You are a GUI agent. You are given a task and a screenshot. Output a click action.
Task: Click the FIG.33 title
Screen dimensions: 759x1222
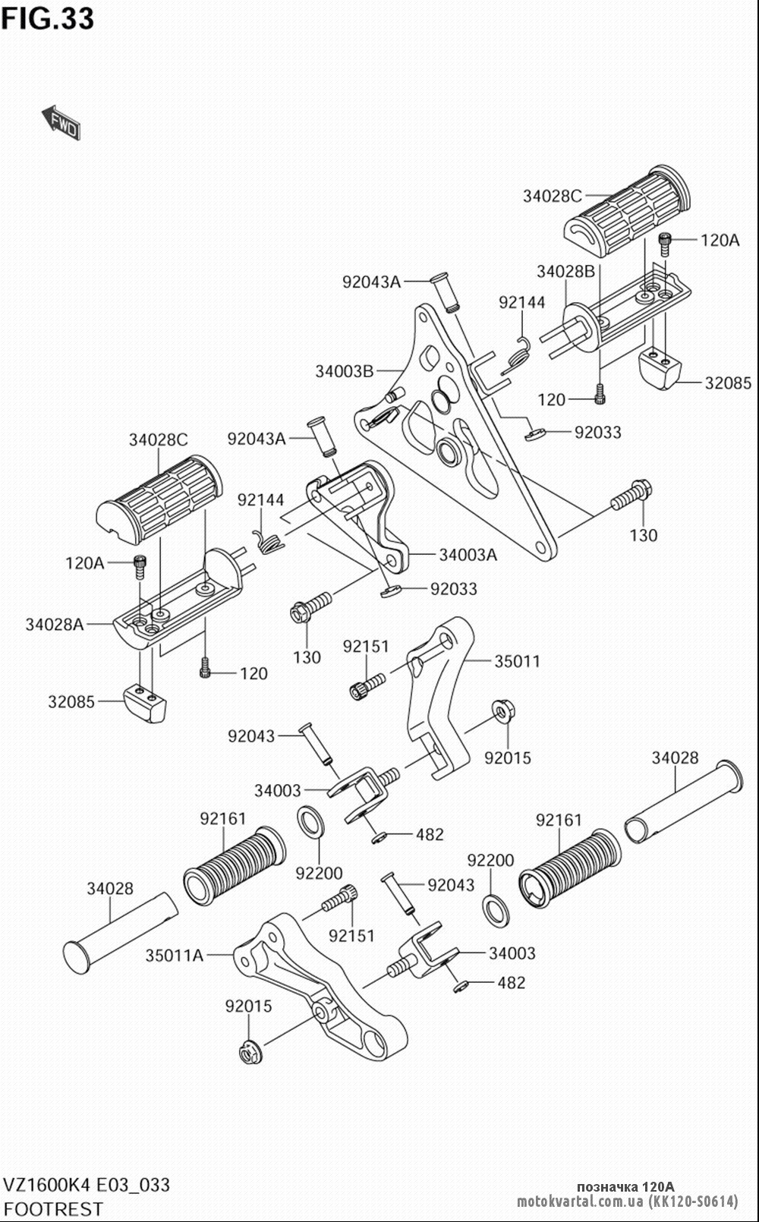pyautogui.click(x=48, y=19)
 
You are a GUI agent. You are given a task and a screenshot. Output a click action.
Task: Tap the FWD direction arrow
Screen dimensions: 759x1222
pyautogui.click(x=61, y=122)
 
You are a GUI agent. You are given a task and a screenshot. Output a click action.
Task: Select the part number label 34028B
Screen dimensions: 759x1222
pyautogui.click(x=566, y=271)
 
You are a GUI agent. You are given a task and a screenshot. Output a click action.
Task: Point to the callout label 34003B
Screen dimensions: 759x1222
pyautogui.click(x=345, y=371)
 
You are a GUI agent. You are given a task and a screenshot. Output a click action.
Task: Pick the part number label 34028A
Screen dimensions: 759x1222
pyautogui.click(x=55, y=624)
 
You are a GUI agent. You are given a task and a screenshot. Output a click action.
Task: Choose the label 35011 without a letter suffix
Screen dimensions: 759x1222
pyautogui.click(x=518, y=661)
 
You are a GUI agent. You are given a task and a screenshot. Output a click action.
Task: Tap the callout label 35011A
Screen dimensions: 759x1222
pyautogui.click(x=174, y=956)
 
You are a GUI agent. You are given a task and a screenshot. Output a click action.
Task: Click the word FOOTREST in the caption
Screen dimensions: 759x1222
pyautogui.click(x=52, y=1208)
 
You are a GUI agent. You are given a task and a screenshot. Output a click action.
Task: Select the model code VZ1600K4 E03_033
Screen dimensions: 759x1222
pyautogui.click(x=87, y=1185)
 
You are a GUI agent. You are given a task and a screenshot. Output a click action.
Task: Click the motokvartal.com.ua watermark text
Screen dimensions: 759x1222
pyautogui.click(x=628, y=1202)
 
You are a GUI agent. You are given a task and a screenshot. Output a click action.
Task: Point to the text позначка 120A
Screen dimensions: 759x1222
pyautogui.click(x=625, y=1187)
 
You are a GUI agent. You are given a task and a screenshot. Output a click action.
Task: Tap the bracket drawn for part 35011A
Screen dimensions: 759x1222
pyautogui.click(x=322, y=987)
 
